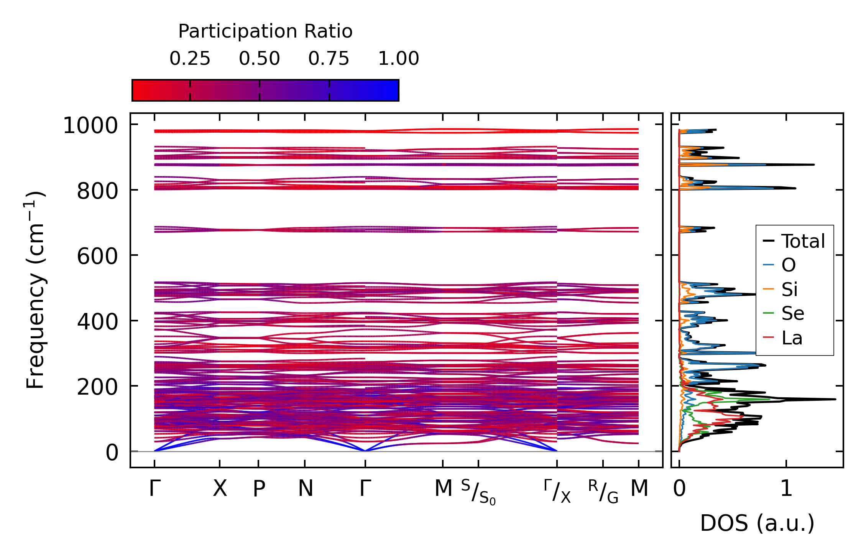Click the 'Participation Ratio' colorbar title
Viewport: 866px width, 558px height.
click(x=265, y=31)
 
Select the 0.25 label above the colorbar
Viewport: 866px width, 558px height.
click(x=190, y=59)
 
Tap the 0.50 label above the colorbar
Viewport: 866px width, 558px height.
click(x=260, y=59)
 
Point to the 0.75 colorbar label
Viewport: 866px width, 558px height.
click(x=329, y=59)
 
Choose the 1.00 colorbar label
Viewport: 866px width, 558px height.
click(x=399, y=59)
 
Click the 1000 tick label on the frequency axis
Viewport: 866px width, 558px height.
click(x=90, y=125)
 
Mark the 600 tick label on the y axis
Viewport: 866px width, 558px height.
click(x=97, y=256)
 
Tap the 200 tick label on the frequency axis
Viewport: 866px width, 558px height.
click(x=97, y=387)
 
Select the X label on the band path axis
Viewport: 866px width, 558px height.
click(x=220, y=489)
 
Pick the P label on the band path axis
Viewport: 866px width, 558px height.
click(x=259, y=489)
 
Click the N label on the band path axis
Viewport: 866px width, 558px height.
click(x=306, y=489)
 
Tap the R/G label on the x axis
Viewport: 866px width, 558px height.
click(x=603, y=491)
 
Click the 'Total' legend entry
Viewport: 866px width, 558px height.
click(x=803, y=241)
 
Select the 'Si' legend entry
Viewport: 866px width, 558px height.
click(x=790, y=289)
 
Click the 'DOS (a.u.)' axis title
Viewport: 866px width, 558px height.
click(x=757, y=523)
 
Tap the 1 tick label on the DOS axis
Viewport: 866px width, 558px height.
click(x=786, y=489)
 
